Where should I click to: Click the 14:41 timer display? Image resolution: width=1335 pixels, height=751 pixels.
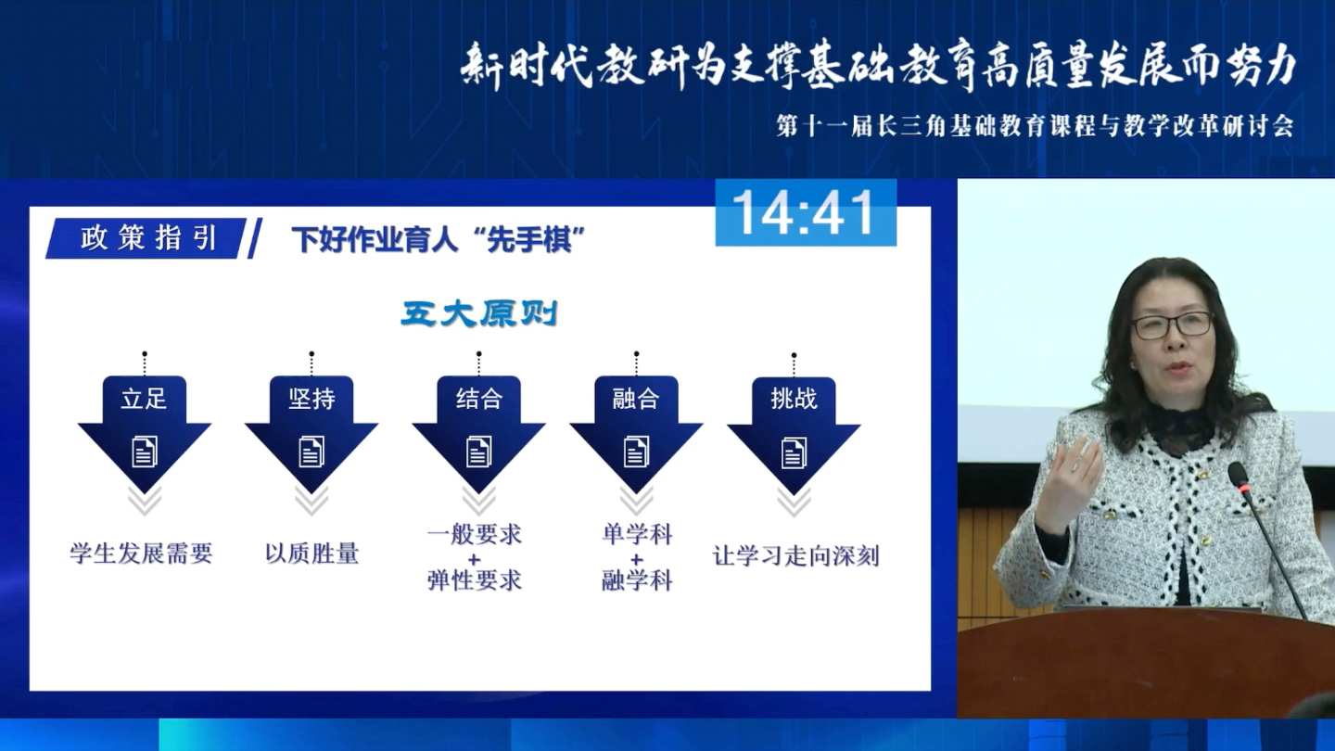tap(805, 213)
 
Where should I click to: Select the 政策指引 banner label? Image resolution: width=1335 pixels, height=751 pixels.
tap(148, 238)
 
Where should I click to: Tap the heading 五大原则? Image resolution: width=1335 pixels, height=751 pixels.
tap(479, 314)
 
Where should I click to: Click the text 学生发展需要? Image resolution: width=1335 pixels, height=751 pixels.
tap(141, 554)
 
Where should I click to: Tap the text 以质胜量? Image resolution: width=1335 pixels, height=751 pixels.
tap(311, 554)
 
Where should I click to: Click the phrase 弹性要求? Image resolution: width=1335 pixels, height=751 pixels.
tap(475, 581)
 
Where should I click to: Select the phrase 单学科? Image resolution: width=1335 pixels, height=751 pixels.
tap(636, 535)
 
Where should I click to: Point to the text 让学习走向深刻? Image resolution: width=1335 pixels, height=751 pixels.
tap(795, 556)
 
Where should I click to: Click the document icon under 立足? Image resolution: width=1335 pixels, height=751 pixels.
tap(145, 452)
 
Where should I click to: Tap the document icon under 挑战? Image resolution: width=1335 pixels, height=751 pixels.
tap(794, 452)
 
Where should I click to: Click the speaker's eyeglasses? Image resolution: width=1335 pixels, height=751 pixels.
tap(1171, 325)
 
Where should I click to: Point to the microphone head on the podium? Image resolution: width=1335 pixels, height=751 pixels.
tap(1239, 477)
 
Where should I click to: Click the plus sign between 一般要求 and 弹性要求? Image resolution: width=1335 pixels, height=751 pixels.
tap(475, 559)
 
